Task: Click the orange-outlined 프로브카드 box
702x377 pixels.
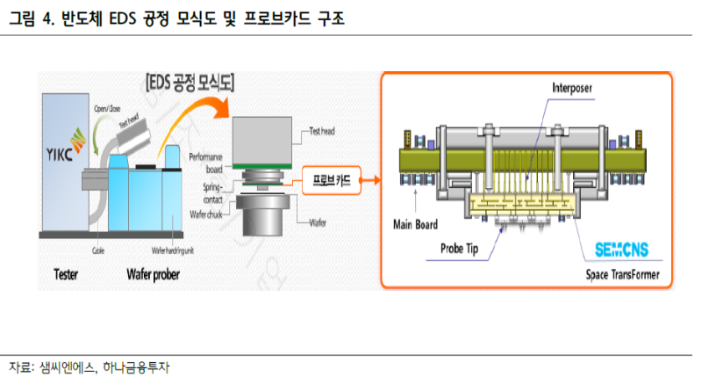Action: tap(327, 182)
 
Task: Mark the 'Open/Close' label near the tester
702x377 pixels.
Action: tap(109, 108)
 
